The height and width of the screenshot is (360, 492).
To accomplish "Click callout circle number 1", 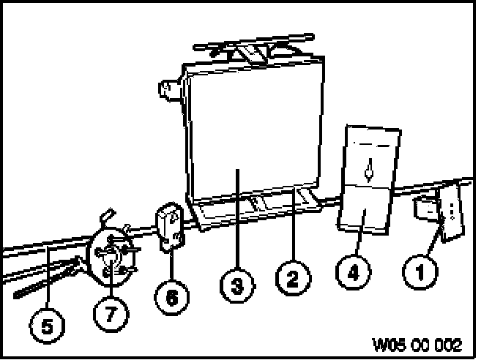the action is point(420,274).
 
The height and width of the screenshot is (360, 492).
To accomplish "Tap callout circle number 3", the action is point(236,285).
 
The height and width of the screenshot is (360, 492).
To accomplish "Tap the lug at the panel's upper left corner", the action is point(169,91).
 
